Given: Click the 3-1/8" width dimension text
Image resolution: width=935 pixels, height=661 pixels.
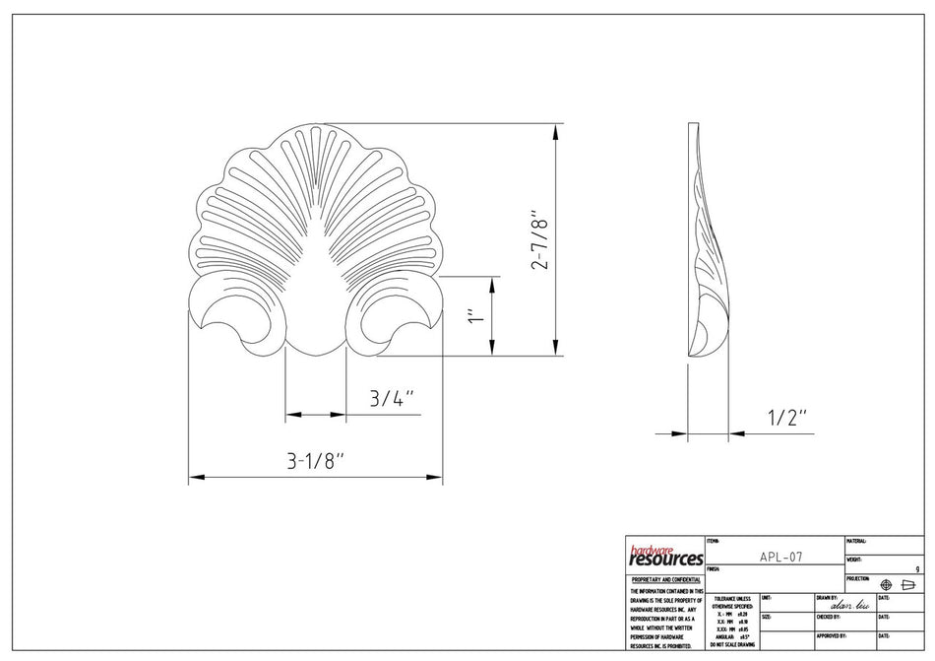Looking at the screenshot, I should [x=316, y=460].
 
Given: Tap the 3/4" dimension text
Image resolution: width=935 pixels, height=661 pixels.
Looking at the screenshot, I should [x=391, y=398].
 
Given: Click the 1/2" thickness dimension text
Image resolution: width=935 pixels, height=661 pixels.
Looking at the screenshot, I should [x=787, y=416].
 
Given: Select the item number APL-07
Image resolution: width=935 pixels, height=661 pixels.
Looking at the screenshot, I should [x=781, y=557].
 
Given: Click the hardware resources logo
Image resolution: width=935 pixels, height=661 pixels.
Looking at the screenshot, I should [x=664, y=556].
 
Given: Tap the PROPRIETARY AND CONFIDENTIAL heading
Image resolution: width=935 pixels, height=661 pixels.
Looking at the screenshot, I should [x=665, y=580].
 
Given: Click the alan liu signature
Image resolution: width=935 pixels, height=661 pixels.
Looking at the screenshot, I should [x=849, y=606].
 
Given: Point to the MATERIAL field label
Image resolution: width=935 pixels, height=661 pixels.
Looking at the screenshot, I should [x=855, y=541].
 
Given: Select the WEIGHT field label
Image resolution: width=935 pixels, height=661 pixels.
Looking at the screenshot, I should [x=853, y=560].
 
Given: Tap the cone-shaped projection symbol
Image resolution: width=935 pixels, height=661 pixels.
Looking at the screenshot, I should [x=908, y=585].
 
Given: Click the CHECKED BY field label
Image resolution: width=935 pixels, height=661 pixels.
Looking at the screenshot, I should [x=828, y=617].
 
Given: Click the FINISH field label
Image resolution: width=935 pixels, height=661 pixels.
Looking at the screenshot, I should [x=714, y=568].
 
